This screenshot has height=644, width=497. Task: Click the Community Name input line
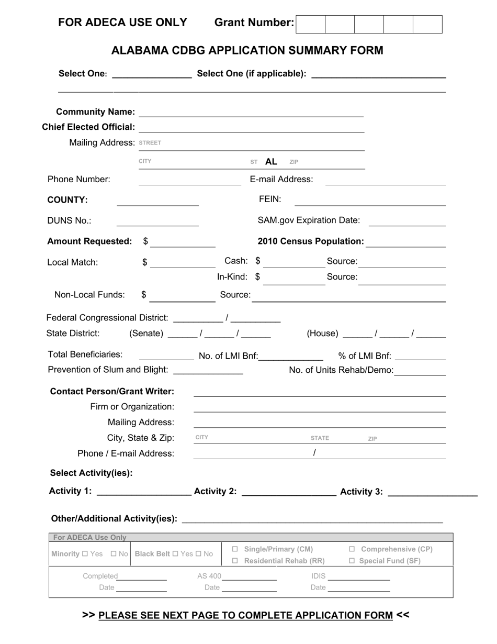pyautogui.click(x=251, y=113)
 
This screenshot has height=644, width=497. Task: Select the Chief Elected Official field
pyautogui.click(x=251, y=128)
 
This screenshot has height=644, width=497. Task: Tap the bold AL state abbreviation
pyautogui.click(x=271, y=162)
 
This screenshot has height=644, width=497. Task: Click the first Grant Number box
pyautogui.click(x=310, y=24)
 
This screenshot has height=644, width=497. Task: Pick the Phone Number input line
pyautogui.click(x=189, y=180)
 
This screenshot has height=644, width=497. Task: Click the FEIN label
pyautogui.click(x=270, y=199)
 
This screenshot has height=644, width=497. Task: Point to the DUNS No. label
pyautogui.click(x=69, y=220)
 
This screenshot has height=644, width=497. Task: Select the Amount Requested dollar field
pyautogui.click(x=183, y=242)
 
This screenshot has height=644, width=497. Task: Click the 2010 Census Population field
pyautogui.click(x=406, y=242)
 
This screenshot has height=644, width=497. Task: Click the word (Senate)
pyautogui.click(x=146, y=334)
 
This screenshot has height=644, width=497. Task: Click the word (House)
pyautogui.click(x=322, y=334)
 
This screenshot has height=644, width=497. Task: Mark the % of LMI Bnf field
pyautogui.click(x=421, y=357)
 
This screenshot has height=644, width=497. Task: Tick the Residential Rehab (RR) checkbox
pyautogui.click(x=235, y=561)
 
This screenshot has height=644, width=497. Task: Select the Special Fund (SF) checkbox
pyautogui.click(x=352, y=561)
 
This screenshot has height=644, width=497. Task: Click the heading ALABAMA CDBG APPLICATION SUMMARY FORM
pyautogui.click(x=247, y=50)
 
